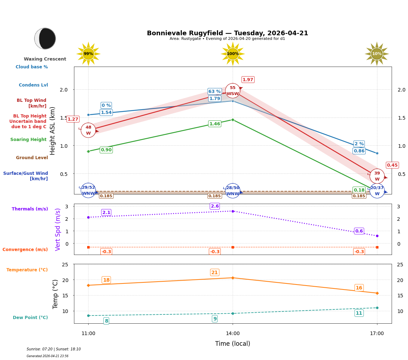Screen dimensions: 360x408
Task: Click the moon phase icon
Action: coord(45,38)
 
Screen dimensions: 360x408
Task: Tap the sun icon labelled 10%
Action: coord(377,54)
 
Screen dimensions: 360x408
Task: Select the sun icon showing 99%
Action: coord(88,54)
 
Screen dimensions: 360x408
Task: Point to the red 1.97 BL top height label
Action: coord(248,80)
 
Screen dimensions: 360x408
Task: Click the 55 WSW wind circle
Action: coord(233,91)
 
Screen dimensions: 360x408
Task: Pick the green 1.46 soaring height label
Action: coord(214,124)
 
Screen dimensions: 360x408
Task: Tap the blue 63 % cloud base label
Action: coord(214,92)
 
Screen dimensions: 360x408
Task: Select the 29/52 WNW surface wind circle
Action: coord(88,191)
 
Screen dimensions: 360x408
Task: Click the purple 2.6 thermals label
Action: coord(215,206)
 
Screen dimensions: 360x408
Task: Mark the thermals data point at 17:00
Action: coord(377,236)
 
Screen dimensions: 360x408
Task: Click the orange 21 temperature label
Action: coord(214,272)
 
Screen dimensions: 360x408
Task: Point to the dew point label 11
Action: coord(359,313)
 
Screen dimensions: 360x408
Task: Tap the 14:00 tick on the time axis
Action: coord(233,333)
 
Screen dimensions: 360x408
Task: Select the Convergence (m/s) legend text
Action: coord(25,250)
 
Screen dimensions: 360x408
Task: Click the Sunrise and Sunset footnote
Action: coord(54,349)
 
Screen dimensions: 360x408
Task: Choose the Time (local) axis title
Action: coord(233,344)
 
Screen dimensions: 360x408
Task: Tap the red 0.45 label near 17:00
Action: coord(392,165)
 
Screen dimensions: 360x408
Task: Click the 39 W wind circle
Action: coord(377,176)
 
